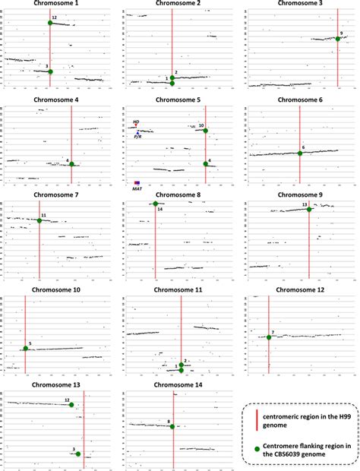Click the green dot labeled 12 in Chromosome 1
pyautogui.click(x=50, y=23)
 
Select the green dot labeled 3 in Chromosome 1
pyautogui.click(x=50, y=72)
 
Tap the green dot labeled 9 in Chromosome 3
pyautogui.click(x=338, y=39)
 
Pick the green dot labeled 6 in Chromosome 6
pyautogui.click(x=300, y=153)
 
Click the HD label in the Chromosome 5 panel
pyautogui.click(x=136, y=121)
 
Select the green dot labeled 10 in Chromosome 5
pyautogui.click(x=206, y=131)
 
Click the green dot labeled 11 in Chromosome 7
pyautogui.click(x=39, y=221)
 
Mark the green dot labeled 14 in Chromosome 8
pyautogui.click(x=156, y=204)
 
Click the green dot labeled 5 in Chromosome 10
pyautogui.click(x=26, y=349)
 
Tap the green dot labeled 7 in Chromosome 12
pyautogui.click(x=269, y=337)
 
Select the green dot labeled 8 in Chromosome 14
pyautogui.click(x=173, y=426)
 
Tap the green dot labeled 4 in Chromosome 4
pyautogui.click(x=72, y=164)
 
